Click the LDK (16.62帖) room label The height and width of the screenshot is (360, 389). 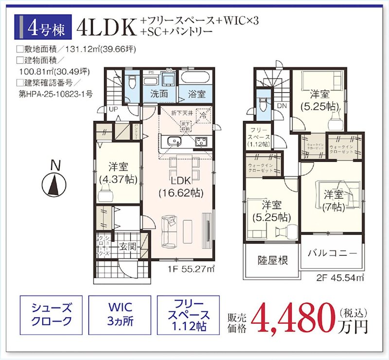(x=180, y=186)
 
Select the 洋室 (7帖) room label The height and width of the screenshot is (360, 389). (x=334, y=201)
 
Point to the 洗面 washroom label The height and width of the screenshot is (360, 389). (x=159, y=94)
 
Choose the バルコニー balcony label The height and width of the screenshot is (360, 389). (x=333, y=254)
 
